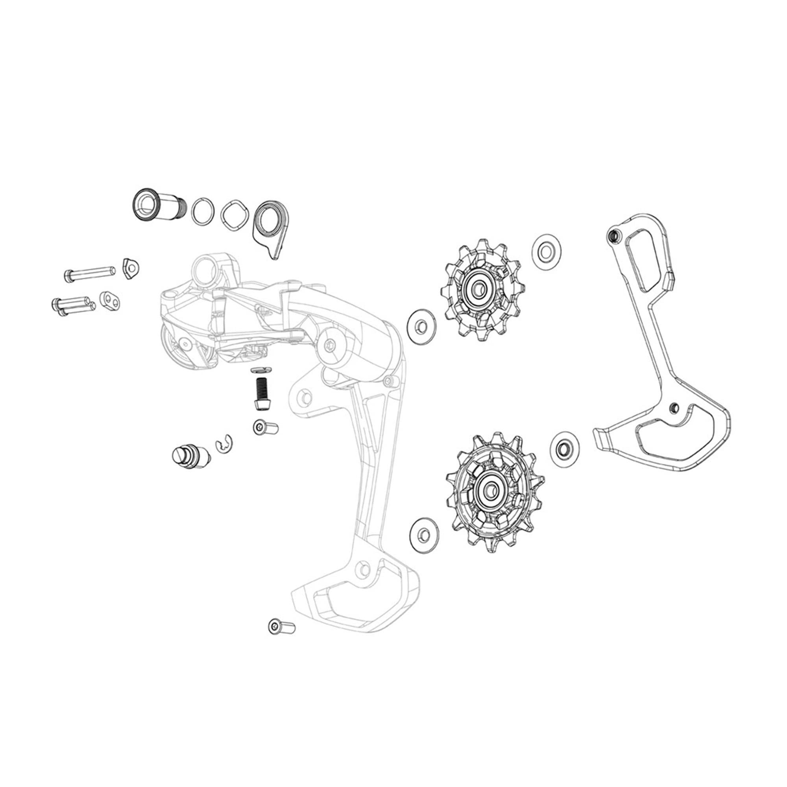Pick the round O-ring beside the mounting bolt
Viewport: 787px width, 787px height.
point(203,211)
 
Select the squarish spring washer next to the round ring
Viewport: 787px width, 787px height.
point(235,214)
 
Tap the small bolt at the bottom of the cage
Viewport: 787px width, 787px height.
point(281,637)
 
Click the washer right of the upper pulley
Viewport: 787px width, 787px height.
point(546,252)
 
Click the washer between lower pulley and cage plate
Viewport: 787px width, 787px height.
point(565,450)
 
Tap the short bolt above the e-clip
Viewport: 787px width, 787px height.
point(265,427)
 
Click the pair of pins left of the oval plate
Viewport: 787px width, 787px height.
point(73,305)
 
